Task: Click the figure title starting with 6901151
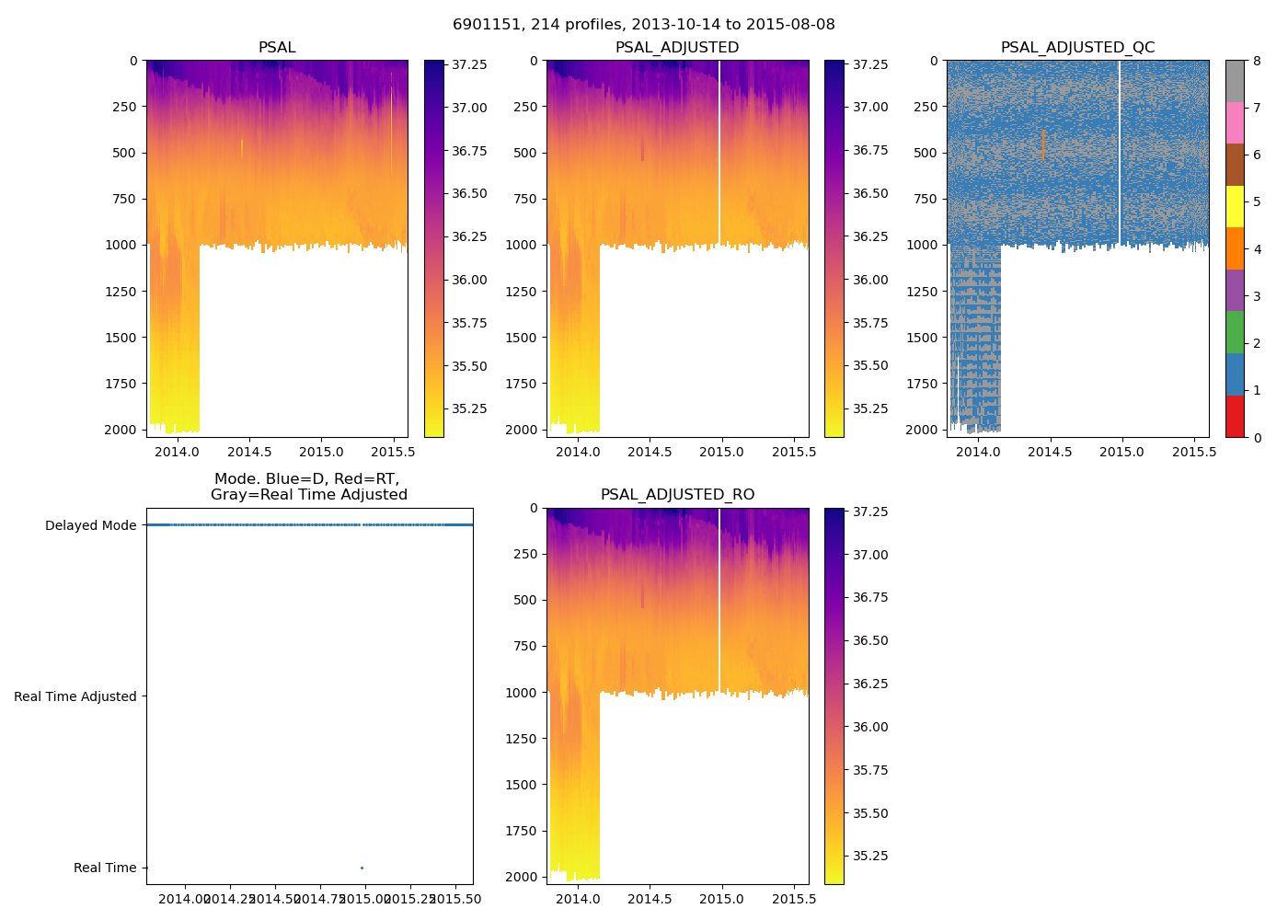tap(643, 25)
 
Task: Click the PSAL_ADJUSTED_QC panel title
tap(1077, 48)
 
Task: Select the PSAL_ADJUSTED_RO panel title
tap(677, 495)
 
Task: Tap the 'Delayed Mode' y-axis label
tap(90, 526)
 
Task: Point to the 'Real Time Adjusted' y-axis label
tap(75, 696)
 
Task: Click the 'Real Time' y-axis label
tap(105, 868)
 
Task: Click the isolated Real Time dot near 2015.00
tap(362, 868)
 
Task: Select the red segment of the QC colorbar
tap(1235, 417)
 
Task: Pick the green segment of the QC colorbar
tap(1235, 332)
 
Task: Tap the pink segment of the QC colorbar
tap(1235, 122)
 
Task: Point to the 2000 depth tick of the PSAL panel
tap(121, 430)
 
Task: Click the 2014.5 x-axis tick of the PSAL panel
tap(249, 452)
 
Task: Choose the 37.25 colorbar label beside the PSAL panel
tap(469, 64)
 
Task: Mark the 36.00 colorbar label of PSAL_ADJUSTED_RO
tap(870, 727)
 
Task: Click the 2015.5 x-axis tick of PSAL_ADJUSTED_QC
tap(1194, 452)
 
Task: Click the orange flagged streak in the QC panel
tap(1044, 144)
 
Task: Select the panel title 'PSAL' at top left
tap(277, 48)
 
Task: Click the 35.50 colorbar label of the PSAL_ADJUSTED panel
tap(870, 365)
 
